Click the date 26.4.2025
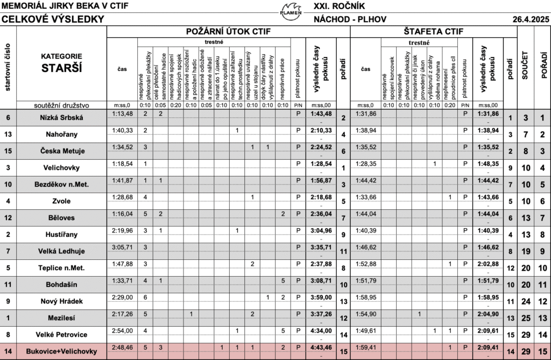click(530, 19)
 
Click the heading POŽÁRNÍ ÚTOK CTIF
click(228, 31)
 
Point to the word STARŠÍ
click(62, 68)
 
